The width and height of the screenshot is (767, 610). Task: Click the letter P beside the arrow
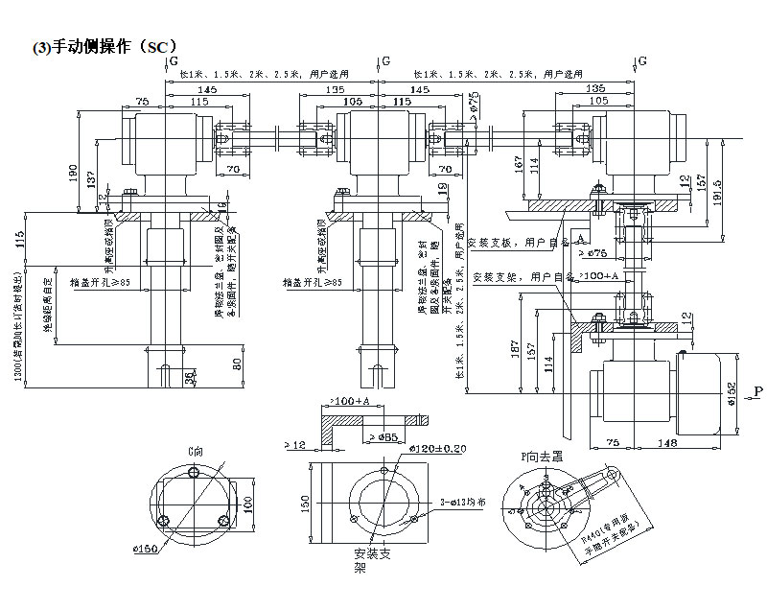click(x=757, y=390)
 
